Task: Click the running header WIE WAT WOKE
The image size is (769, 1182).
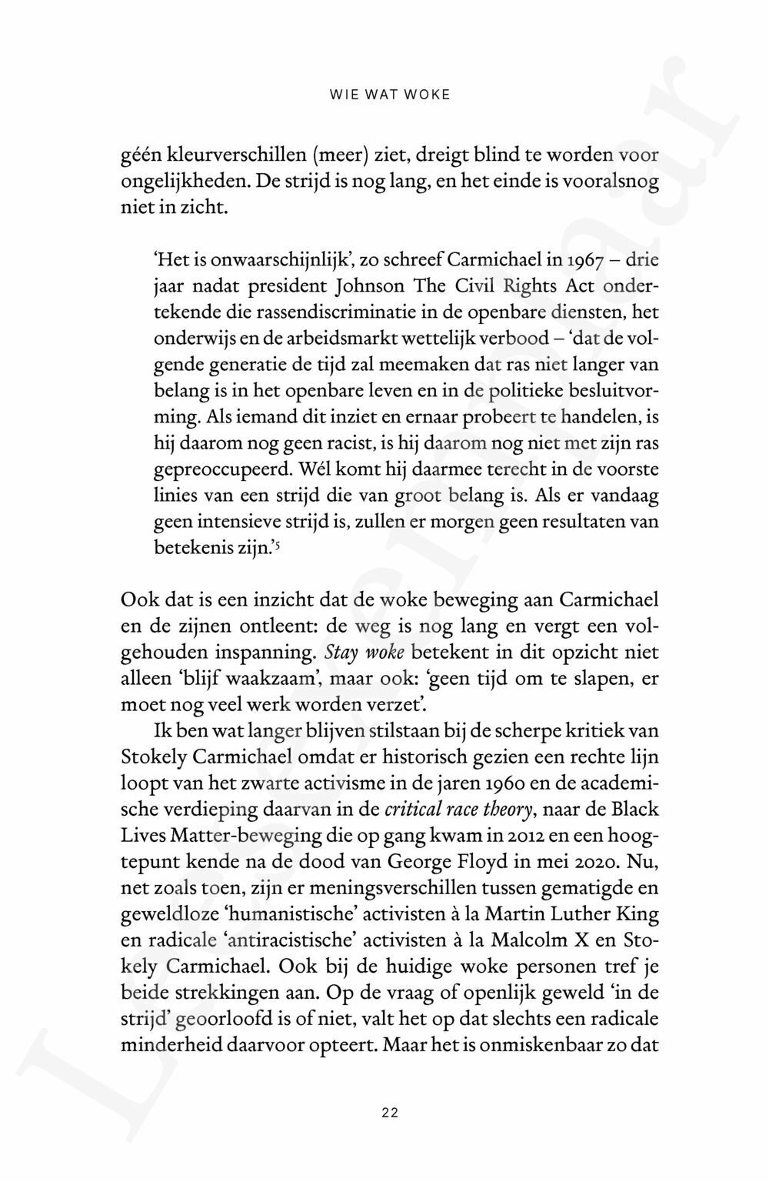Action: (389, 95)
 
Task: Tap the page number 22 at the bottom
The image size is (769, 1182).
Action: (389, 1112)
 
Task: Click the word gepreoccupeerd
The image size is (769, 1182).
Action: (215, 469)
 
